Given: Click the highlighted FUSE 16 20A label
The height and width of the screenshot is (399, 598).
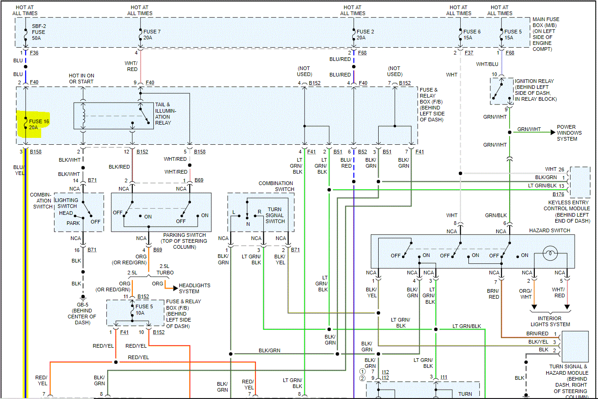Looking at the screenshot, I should coord(38,124).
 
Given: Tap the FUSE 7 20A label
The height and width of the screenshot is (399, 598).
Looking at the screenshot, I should coord(152,34).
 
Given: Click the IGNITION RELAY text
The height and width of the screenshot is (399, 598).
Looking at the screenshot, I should coord(534,81).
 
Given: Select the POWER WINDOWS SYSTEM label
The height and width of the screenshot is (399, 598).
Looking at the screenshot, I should coord(569,133).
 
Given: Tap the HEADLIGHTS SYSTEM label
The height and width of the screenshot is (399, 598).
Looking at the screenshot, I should coord(195,288).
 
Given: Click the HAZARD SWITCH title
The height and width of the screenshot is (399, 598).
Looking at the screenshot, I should coord(549,230).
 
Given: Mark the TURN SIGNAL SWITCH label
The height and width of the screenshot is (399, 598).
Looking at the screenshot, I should coord(275,215).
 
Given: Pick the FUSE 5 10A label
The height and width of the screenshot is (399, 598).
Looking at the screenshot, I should coord(142,310).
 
